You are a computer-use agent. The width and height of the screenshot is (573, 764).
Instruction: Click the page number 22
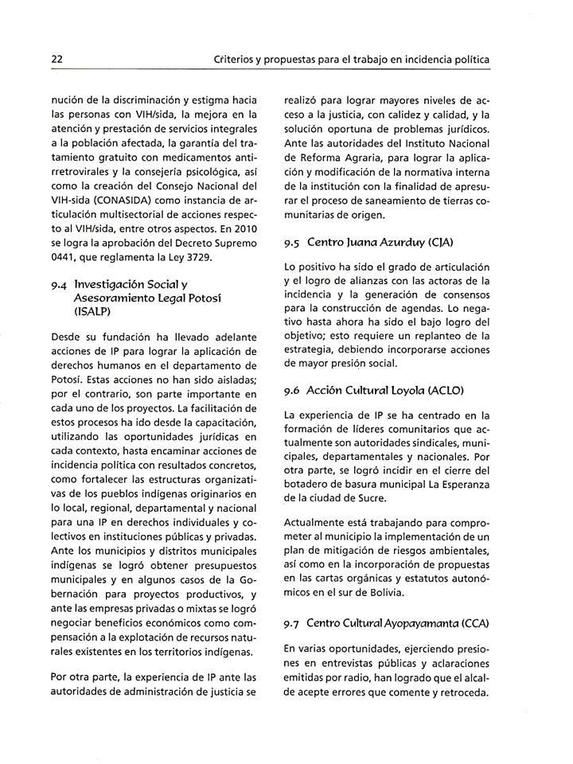click(57, 60)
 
